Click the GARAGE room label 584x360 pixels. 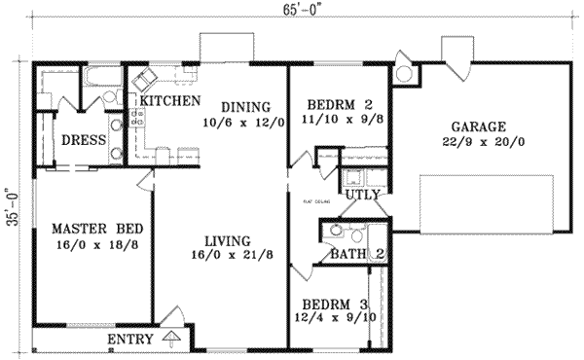pos(478,126)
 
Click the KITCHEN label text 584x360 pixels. pos(170,100)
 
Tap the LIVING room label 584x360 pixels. pos(229,240)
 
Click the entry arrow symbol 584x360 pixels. pos(172,339)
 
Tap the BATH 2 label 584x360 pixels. pos(352,255)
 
